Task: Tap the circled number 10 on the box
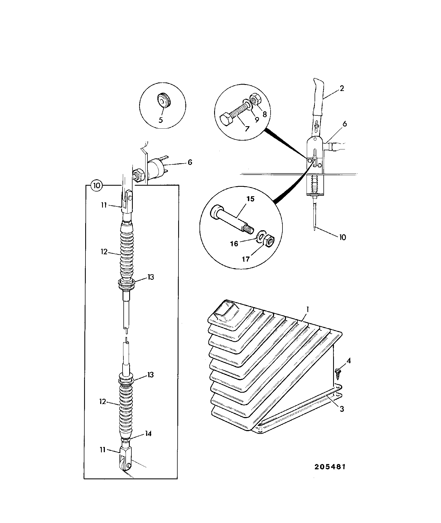[97, 185]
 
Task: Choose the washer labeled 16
[261, 237]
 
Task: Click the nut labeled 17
[269, 240]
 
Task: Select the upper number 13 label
[150, 277]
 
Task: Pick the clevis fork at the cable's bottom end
[126, 460]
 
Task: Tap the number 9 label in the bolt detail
[256, 120]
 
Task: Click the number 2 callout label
[342, 89]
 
